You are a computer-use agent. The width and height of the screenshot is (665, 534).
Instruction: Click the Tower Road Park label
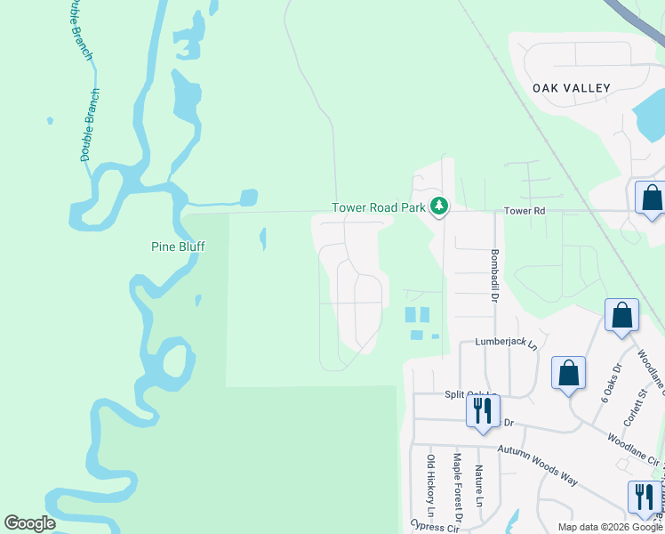coord(380,207)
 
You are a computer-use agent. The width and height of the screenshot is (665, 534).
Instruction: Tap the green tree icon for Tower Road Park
coord(438,206)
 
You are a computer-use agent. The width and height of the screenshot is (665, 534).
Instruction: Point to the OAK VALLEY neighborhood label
coord(572,88)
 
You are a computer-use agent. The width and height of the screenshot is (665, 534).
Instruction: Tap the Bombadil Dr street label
coord(493,275)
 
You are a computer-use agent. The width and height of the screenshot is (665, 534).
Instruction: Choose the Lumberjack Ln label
coord(506,343)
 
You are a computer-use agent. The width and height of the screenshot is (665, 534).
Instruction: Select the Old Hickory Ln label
coord(430,485)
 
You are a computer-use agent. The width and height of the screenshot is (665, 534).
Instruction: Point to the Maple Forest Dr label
coord(457,487)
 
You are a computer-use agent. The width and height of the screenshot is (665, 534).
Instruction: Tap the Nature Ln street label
coord(478,485)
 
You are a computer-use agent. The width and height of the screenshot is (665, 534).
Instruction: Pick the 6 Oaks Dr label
coord(610,383)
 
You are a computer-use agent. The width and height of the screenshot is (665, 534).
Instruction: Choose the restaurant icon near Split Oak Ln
coord(483,411)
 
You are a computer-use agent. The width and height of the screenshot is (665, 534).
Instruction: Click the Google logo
coord(29,523)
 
